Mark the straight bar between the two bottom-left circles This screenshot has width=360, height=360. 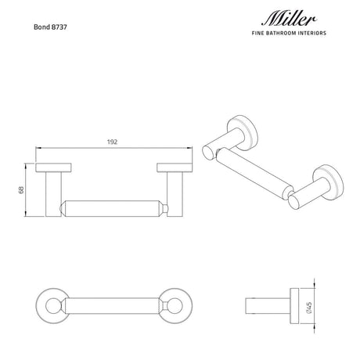click(110, 303)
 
